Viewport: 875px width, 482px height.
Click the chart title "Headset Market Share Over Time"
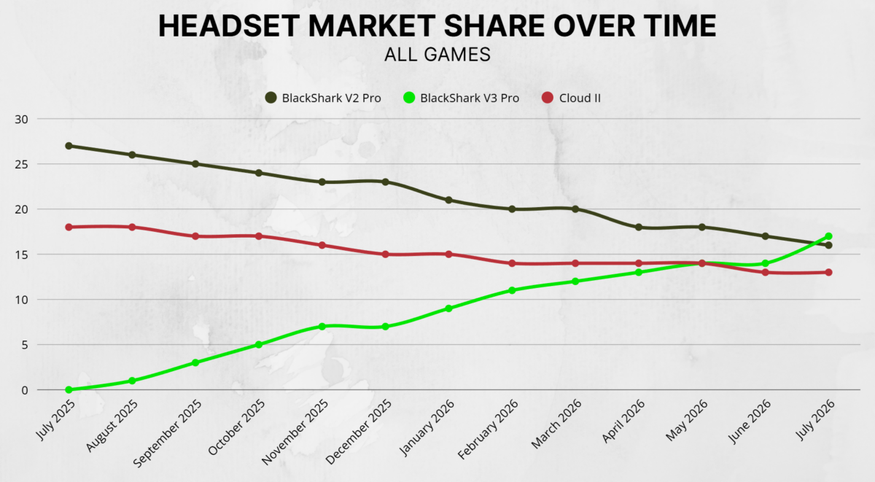(437, 26)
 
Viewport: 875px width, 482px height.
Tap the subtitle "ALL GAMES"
(437, 55)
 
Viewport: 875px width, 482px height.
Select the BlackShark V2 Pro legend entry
(323, 98)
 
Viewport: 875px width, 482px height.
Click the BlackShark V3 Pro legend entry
(462, 98)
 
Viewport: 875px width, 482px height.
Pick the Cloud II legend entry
(572, 98)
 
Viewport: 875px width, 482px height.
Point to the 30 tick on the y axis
(21, 120)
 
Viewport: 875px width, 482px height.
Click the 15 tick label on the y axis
(21, 255)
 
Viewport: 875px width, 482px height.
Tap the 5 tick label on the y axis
(25, 346)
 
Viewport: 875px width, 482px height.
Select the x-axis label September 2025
(168, 434)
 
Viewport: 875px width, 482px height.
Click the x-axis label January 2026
(427, 427)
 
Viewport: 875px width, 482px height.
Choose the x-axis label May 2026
(687, 420)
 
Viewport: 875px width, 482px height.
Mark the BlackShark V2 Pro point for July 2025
(69, 146)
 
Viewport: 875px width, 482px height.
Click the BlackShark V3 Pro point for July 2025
(69, 389)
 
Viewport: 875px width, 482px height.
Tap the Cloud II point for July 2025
(69, 227)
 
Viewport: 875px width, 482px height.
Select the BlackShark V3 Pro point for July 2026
(828, 236)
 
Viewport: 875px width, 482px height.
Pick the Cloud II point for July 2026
(828, 272)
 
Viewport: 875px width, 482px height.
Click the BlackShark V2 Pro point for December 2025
(385, 182)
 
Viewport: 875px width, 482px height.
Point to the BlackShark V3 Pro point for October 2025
(259, 344)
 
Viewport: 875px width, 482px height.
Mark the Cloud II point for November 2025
(322, 245)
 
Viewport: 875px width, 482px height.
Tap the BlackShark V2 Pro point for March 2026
(575, 209)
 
